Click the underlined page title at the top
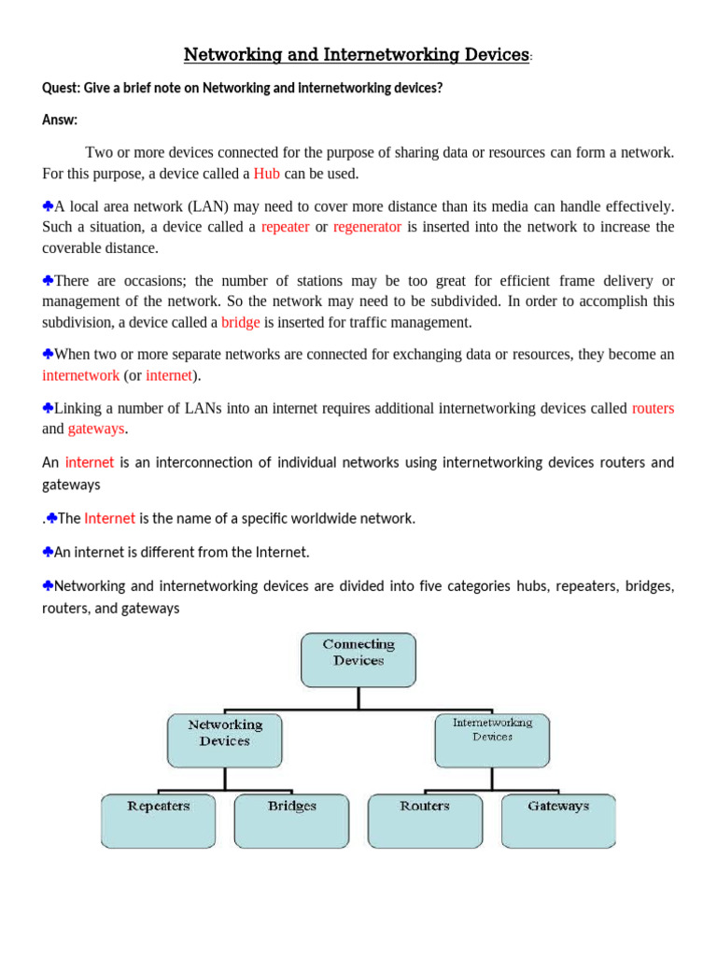(357, 55)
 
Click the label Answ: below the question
(60, 119)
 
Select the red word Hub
(267, 174)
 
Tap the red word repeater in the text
(285, 227)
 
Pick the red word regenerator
(367, 227)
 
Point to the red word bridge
(240, 323)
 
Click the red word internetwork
(80, 375)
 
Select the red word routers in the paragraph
(653, 408)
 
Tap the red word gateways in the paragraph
(96, 429)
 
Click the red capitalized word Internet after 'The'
(109, 518)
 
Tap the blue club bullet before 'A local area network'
(48, 205)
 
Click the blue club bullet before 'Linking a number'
(48, 408)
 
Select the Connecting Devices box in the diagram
(358, 658)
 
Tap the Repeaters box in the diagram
(159, 820)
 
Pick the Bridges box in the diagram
(291, 820)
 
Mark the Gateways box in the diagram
(558, 820)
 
